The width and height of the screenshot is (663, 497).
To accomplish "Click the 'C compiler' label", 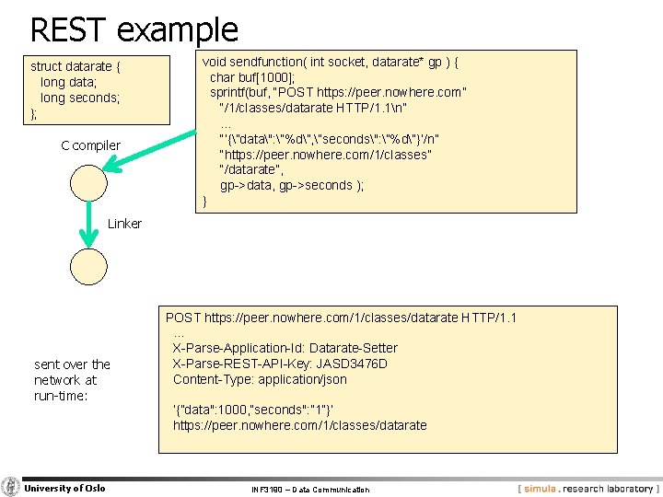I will click(x=90, y=145).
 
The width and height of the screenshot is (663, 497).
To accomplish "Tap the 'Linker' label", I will click(x=124, y=224).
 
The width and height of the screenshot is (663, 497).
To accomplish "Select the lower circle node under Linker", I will click(x=90, y=267).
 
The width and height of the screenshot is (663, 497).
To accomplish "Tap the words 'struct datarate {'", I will click(x=76, y=66).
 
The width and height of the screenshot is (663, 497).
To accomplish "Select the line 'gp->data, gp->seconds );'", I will click(x=291, y=185).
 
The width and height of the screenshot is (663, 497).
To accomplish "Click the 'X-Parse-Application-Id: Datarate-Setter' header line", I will click(x=285, y=348).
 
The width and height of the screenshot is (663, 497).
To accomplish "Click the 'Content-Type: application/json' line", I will click(x=260, y=379).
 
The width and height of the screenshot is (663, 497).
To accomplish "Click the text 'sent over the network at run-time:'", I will click(x=72, y=379).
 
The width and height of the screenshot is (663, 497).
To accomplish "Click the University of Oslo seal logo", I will click(x=11, y=487).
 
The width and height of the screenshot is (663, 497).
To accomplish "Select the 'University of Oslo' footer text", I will click(x=64, y=488).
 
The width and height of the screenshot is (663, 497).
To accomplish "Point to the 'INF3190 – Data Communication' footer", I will click(x=310, y=490).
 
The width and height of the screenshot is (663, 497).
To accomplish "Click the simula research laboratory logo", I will click(x=587, y=489).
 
